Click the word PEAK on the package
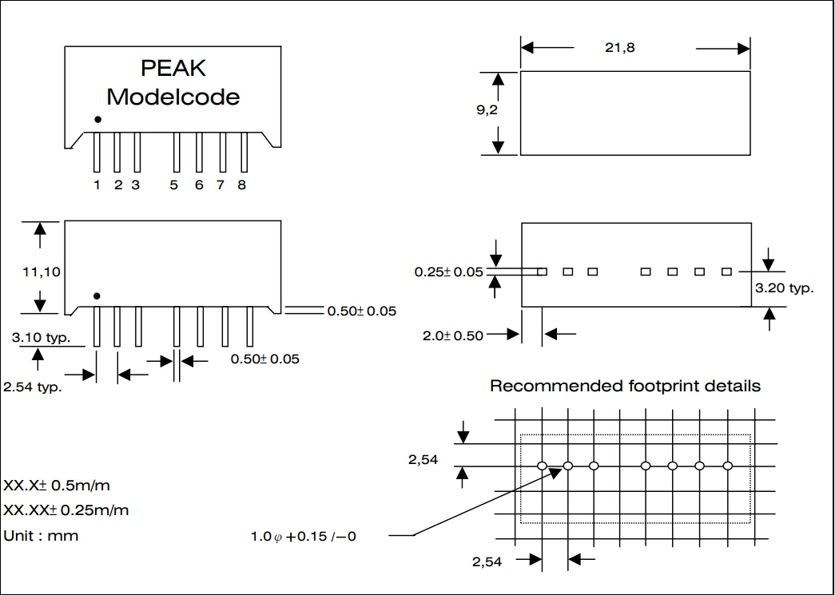tap(173, 69)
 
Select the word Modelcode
tap(173, 97)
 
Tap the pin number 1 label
tap(97, 185)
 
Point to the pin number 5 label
tap(174, 185)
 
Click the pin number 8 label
tap(241, 185)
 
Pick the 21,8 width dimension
tap(619, 48)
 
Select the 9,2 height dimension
tap(487, 111)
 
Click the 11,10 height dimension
tap(41, 272)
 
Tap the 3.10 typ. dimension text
tap(41, 338)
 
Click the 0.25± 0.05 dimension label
tap(448, 272)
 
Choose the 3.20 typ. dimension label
tap(784, 288)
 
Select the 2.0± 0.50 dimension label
tap(453, 335)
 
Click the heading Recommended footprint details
tap(625, 387)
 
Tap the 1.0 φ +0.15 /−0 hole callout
tap(303, 536)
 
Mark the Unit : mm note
tap(42, 536)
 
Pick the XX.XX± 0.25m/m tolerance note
tap(66, 510)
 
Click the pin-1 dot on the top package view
tap(97, 119)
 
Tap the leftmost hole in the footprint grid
tap(542, 466)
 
